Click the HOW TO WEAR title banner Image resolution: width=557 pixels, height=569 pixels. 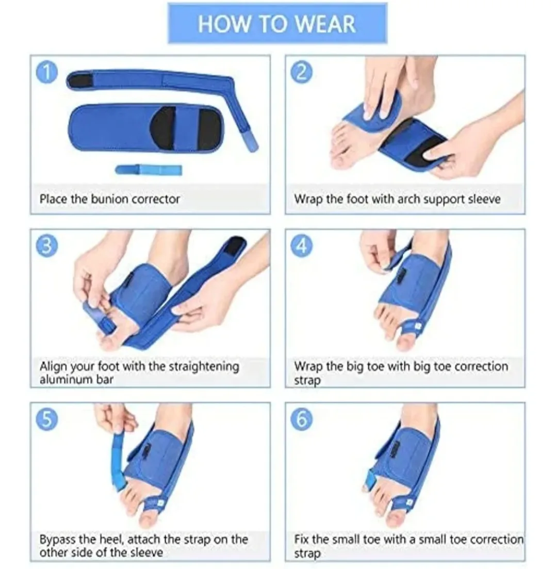tap(277, 24)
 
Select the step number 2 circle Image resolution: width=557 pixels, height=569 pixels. tap(302, 72)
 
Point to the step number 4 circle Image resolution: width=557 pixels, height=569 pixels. tap(302, 246)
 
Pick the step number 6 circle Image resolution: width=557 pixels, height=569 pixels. tap(302, 419)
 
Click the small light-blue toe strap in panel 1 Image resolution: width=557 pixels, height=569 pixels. tap(148, 169)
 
